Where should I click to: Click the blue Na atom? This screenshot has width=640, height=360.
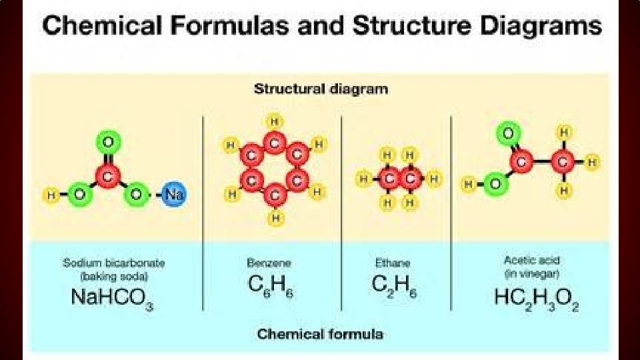tap(174, 195)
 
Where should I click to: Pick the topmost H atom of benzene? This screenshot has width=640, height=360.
tap(274, 121)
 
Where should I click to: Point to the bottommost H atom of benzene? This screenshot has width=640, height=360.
tap(274, 217)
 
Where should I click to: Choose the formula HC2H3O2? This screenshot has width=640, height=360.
tap(536, 298)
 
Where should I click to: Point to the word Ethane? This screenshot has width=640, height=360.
tap(392, 263)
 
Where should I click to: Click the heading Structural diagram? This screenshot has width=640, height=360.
tap(320, 89)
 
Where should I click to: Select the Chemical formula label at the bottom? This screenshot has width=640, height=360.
tap(320, 333)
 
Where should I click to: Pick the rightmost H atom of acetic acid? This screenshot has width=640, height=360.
tap(592, 161)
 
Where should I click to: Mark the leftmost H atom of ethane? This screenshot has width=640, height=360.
tap(364, 179)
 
